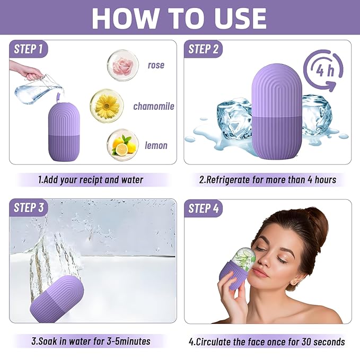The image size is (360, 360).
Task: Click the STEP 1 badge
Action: pos(29,49)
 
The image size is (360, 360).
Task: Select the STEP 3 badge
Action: pos(29,208)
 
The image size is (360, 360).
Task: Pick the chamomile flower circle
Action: pos(107,105)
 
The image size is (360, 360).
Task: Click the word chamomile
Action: pos(154,106)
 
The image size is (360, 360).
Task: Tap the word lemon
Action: pos(156,145)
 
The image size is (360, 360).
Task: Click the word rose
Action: pos(156,65)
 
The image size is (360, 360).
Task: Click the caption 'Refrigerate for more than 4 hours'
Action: pos(267,180)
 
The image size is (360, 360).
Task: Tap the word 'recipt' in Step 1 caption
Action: pos(90,180)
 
